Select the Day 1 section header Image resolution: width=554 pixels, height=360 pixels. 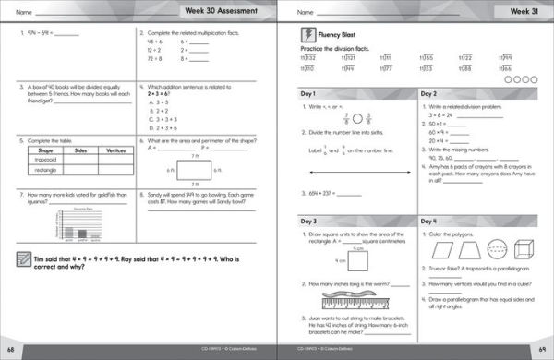(x=309, y=94)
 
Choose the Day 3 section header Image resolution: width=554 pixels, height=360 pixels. (x=309, y=222)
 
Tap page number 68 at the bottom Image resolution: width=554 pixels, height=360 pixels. (x=10, y=352)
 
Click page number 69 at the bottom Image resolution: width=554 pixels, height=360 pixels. (x=544, y=352)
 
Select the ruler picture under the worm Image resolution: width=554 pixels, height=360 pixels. (x=356, y=301)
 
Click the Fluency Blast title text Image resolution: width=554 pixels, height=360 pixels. (x=343, y=36)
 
